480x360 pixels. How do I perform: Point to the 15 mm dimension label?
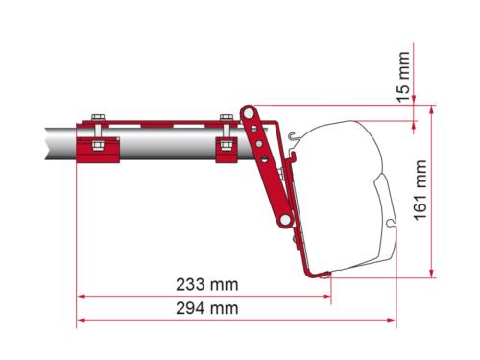(x=404, y=80)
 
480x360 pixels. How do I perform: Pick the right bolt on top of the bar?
(x=226, y=119)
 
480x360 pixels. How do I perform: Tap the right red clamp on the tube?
(x=226, y=147)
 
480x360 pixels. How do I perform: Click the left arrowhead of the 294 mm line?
(x=82, y=320)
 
